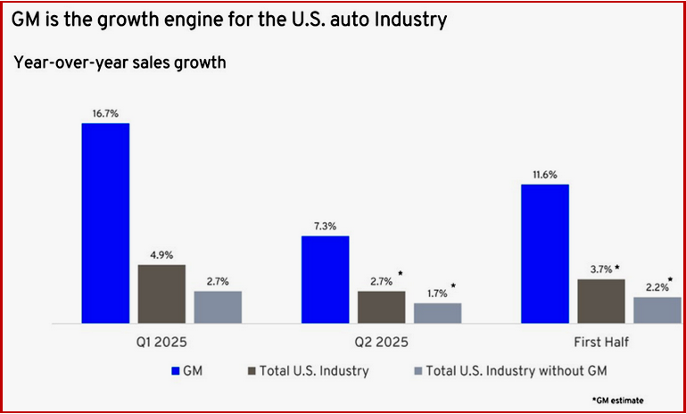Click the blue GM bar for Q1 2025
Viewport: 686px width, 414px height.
pyautogui.click(x=105, y=222)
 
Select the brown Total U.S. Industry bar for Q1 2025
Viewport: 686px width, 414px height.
pyautogui.click(x=161, y=294)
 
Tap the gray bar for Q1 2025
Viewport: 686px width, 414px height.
pyautogui.click(x=218, y=307)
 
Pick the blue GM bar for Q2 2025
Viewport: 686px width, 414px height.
pyautogui.click(x=325, y=279)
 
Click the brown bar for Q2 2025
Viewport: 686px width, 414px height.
pyautogui.click(x=381, y=307)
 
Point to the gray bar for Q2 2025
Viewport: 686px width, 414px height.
pyautogui.click(x=437, y=312)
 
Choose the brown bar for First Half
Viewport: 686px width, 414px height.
pyautogui.click(x=601, y=301)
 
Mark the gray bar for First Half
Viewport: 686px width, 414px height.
pyautogui.click(x=657, y=310)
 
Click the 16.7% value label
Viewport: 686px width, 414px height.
pyautogui.click(x=105, y=114)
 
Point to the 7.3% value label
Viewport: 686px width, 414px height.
pyautogui.click(x=325, y=228)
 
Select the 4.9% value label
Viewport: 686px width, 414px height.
pyautogui.click(x=161, y=255)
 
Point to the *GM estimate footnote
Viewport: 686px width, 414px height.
pyautogui.click(x=617, y=400)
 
